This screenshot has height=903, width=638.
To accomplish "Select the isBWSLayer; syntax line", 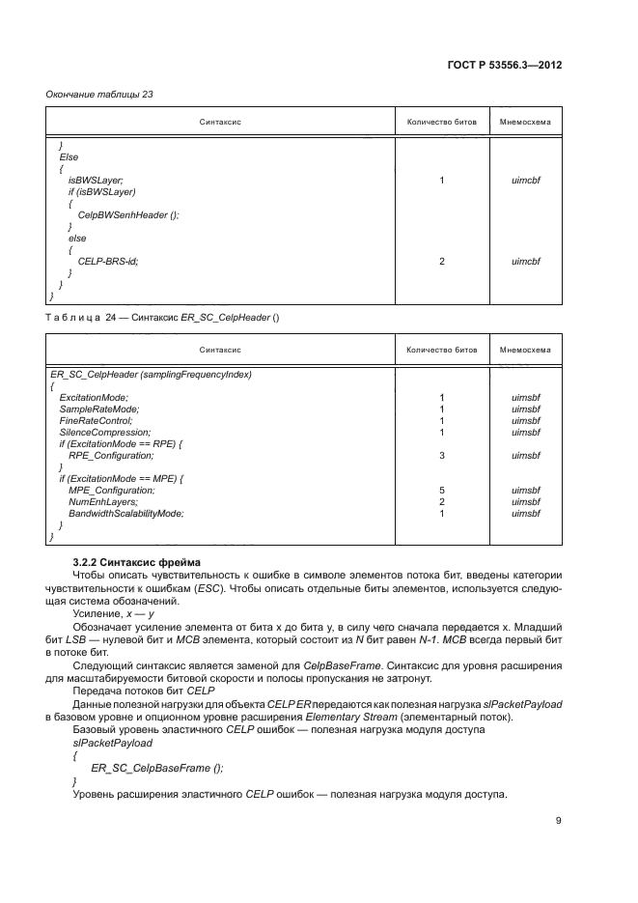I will point(95,181).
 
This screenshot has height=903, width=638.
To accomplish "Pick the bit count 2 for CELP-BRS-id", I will point(441,261).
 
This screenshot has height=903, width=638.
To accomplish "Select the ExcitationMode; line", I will point(94,397).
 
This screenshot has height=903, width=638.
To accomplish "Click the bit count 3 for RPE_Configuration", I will point(441,455).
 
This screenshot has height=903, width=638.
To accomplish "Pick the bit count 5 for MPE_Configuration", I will point(441,490).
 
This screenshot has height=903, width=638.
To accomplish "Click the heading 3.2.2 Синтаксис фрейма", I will point(133,562).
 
